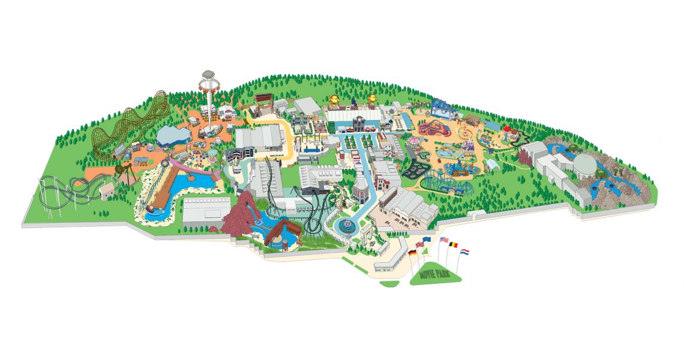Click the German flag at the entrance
point(412,253)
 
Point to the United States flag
point(444,240)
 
